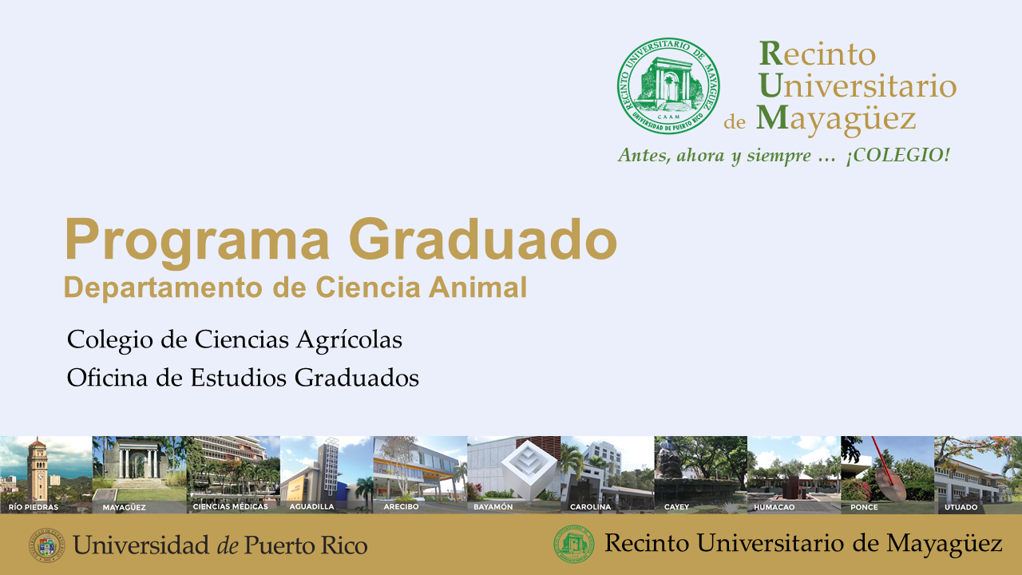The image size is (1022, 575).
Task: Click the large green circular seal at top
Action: click(x=668, y=85)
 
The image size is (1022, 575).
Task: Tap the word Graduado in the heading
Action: click(x=484, y=239)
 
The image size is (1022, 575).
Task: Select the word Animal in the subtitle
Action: click(x=477, y=287)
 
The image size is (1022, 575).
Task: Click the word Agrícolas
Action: click(x=349, y=340)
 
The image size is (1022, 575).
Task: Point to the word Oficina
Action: click(x=107, y=378)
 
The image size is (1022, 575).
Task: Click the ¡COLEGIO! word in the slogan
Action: click(x=898, y=156)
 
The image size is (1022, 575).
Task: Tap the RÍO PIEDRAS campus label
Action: click(x=34, y=507)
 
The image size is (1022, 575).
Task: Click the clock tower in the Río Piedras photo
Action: click(x=37, y=470)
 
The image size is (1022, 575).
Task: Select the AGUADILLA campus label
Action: click(x=311, y=506)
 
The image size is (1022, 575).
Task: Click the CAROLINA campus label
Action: click(x=590, y=506)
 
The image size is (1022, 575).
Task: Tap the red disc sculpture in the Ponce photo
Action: click(x=889, y=482)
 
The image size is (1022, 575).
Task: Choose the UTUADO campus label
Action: click(x=961, y=506)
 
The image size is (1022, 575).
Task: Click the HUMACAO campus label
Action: click(x=774, y=506)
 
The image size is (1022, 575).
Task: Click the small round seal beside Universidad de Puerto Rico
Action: click(x=47, y=545)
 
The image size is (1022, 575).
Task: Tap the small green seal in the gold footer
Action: click(x=574, y=544)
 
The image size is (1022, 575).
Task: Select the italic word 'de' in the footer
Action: click(x=226, y=545)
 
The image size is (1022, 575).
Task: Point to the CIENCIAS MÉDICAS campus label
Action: click(x=231, y=506)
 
